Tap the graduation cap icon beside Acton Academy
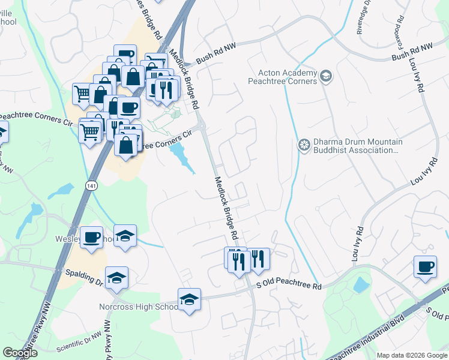click(325, 76)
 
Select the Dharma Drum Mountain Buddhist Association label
click(351, 146)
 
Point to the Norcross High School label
click(139, 307)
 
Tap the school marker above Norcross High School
click(189, 299)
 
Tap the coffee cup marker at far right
click(425, 267)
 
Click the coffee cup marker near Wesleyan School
click(91, 238)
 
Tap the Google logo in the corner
click(20, 353)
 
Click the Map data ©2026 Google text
click(411, 355)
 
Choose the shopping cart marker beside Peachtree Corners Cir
click(90, 131)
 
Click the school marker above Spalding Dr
click(116, 277)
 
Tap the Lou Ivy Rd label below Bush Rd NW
click(418, 76)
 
